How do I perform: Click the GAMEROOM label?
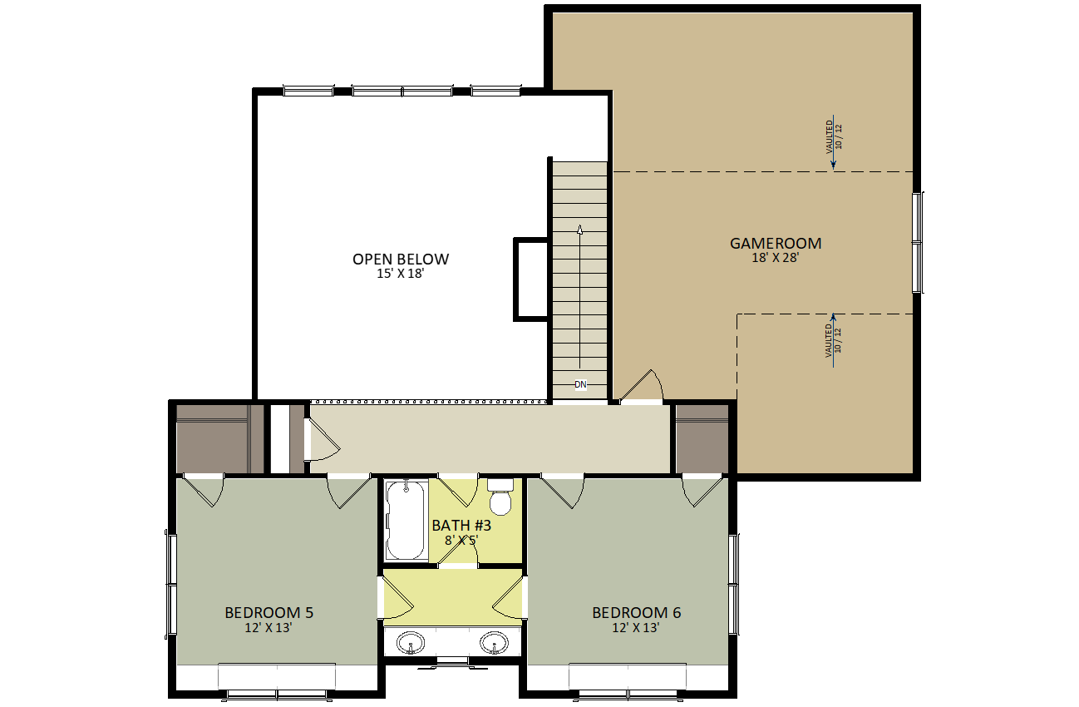tap(776, 243)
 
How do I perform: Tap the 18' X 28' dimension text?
tap(776, 258)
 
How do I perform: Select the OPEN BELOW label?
tap(401, 260)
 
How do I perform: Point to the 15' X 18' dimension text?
tap(401, 274)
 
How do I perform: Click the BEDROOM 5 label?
tap(269, 612)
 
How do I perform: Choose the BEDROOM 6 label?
tap(636, 612)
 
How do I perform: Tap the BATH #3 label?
tap(461, 526)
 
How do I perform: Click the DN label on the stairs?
tap(580, 384)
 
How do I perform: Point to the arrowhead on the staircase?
tap(580, 230)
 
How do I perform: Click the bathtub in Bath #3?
tap(406, 520)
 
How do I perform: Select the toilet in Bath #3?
tap(500, 497)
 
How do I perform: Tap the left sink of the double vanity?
tap(411, 642)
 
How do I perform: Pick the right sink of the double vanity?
tap(494, 642)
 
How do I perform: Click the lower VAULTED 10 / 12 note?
tap(833, 340)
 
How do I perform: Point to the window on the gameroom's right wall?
tap(918, 242)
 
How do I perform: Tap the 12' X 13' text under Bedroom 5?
tap(269, 627)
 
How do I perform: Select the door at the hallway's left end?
tap(323, 438)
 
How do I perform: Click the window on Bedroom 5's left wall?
tap(171, 584)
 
